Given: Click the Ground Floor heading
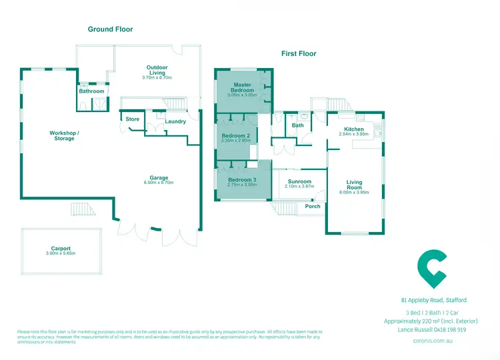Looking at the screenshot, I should tap(111, 29).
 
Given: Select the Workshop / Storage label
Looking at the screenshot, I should tap(65, 135).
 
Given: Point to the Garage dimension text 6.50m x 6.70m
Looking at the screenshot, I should tap(159, 182).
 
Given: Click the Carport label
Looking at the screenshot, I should tap(61, 248).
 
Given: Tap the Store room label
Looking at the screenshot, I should tap(132, 119).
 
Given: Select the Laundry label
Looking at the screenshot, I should tap(176, 121).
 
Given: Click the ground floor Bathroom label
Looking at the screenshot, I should tap(91, 91).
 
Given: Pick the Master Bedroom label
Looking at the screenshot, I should tap(243, 87).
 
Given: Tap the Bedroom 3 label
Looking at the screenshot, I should tap(242, 180).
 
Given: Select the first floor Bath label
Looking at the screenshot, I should tap(297, 125).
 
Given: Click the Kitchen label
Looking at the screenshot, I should tap(353, 129).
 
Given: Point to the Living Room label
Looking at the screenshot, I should tap(353, 185).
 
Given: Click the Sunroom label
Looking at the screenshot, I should tap(299, 181).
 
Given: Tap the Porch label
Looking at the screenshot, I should tap(312, 206).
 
